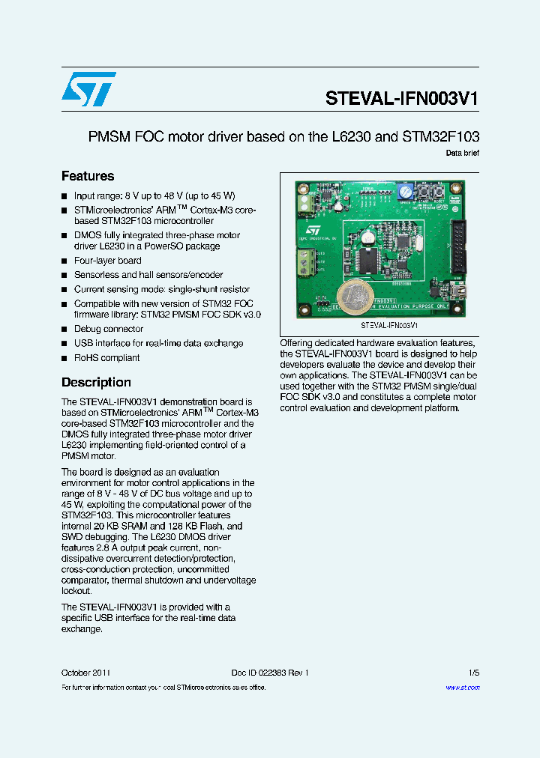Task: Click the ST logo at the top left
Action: [88, 89]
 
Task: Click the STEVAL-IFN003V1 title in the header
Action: [402, 99]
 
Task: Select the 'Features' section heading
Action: [88, 176]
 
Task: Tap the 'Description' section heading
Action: [96, 382]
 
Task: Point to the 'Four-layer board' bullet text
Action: [107, 261]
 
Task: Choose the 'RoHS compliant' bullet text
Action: [106, 357]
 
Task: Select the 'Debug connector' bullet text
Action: [108, 329]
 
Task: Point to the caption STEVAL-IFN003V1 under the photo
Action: [389, 326]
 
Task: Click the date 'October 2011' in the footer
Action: [86, 673]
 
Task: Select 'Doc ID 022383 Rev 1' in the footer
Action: [269, 673]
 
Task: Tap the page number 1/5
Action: [473, 673]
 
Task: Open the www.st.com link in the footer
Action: [462, 687]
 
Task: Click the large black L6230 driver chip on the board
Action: [369, 259]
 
